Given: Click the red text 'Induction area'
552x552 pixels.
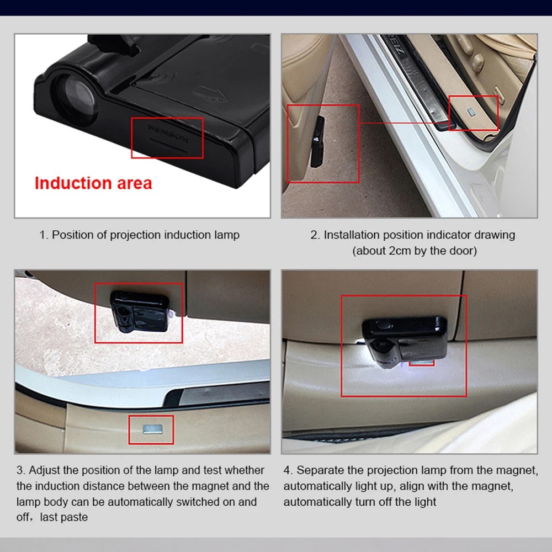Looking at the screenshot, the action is pos(93,183).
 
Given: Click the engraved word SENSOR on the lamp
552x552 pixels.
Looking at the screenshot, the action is pos(168,132).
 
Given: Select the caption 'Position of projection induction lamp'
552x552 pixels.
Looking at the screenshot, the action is pos(146,235).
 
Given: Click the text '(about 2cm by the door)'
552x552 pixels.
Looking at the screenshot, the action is pos(415,251).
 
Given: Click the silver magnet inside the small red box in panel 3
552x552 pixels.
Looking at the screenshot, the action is pos(153,428).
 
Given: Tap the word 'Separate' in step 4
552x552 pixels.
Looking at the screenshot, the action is pos(320,470).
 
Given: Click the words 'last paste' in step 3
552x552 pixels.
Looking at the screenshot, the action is pos(63,517).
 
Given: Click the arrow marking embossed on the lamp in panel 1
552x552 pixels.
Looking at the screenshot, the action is pos(210,94).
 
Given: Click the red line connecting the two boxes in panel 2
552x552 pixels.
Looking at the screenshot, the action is pos(404,123).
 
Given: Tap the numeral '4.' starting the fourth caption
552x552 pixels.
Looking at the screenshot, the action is pos(288,470).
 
